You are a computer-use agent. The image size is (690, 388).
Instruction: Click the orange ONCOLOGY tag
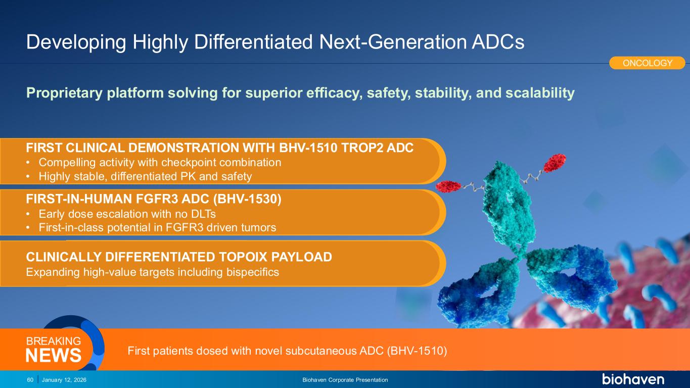tap(647, 63)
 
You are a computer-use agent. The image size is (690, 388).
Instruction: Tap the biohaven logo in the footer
tap(633, 379)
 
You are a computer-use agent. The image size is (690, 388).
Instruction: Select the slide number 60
tap(30, 380)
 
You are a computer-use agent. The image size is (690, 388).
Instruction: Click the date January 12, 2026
tap(64, 380)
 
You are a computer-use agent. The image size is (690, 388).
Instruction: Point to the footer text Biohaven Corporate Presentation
tap(345, 380)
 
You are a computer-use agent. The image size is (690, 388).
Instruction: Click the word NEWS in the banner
tap(53, 355)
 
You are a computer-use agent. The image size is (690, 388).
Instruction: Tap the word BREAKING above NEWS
tap(53, 341)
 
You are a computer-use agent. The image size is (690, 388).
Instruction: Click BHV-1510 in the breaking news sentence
tap(417, 351)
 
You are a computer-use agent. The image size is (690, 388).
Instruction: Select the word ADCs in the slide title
tap(498, 42)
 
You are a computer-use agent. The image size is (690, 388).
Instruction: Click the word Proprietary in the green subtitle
tap(64, 93)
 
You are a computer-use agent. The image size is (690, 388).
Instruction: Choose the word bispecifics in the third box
tap(253, 272)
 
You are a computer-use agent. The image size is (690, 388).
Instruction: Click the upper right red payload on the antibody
tap(555, 163)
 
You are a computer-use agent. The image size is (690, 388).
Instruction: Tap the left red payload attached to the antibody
tap(448, 186)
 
